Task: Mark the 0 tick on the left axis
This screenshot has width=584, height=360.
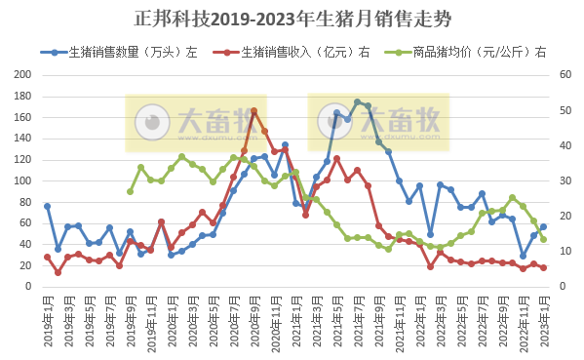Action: (x=27, y=287)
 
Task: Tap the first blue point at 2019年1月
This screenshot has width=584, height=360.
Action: (x=47, y=206)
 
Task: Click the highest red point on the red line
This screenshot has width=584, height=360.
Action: (x=253, y=110)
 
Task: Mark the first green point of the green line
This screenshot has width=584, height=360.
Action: (x=130, y=191)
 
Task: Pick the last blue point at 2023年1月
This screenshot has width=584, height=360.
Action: (x=543, y=227)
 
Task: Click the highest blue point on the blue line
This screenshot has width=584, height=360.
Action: (x=357, y=101)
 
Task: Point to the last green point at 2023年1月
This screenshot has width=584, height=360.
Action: (x=543, y=239)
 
